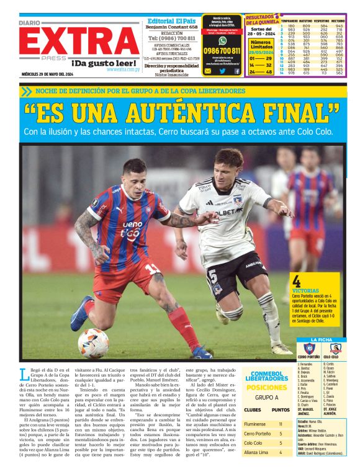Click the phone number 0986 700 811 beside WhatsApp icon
[222, 50]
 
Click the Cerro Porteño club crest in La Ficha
[308, 348]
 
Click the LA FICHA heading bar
[322, 339]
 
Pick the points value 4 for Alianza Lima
[281, 452]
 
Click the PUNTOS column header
[281, 409]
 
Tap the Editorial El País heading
[171, 20]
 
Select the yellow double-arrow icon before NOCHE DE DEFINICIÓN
[25, 91]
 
